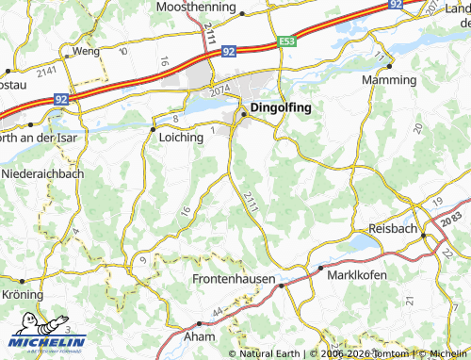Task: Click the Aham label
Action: point(202,336)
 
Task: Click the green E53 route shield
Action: point(287,41)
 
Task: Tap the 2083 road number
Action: point(451,220)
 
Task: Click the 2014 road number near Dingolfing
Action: point(220,91)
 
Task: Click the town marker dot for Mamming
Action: point(389,67)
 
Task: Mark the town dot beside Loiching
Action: point(153,128)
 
